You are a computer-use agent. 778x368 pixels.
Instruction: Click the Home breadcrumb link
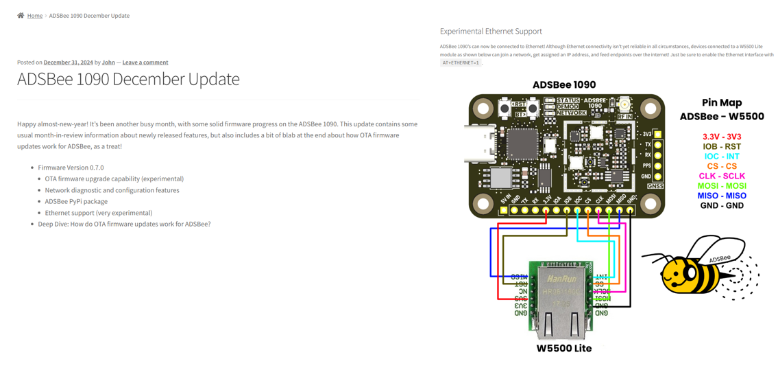tap(35, 16)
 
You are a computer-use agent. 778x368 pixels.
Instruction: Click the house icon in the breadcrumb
tap(21, 15)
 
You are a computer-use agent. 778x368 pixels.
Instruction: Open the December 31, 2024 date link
tap(68, 62)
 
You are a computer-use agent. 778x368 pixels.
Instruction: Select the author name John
tap(108, 62)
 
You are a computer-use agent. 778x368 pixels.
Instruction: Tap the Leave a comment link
tap(145, 62)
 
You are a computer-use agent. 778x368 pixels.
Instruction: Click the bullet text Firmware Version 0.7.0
tap(71, 168)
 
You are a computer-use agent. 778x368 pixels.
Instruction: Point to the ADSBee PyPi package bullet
tap(76, 201)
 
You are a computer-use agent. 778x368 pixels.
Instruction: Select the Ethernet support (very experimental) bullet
tap(99, 213)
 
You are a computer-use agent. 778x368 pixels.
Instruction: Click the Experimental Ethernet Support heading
tap(491, 31)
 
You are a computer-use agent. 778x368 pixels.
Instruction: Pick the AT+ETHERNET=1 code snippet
tap(461, 62)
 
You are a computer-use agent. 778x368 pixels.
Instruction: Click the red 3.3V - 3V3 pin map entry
tap(722, 137)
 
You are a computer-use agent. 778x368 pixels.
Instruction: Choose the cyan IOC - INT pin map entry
tap(722, 157)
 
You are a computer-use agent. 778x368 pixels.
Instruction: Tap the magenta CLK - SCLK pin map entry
tap(722, 176)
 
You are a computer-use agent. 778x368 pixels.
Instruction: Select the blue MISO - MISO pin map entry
tap(722, 196)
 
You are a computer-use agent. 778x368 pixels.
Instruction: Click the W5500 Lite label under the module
tap(563, 348)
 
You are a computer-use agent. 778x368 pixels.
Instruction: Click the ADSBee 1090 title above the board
tap(564, 84)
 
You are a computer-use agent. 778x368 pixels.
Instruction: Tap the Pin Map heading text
tap(722, 102)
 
